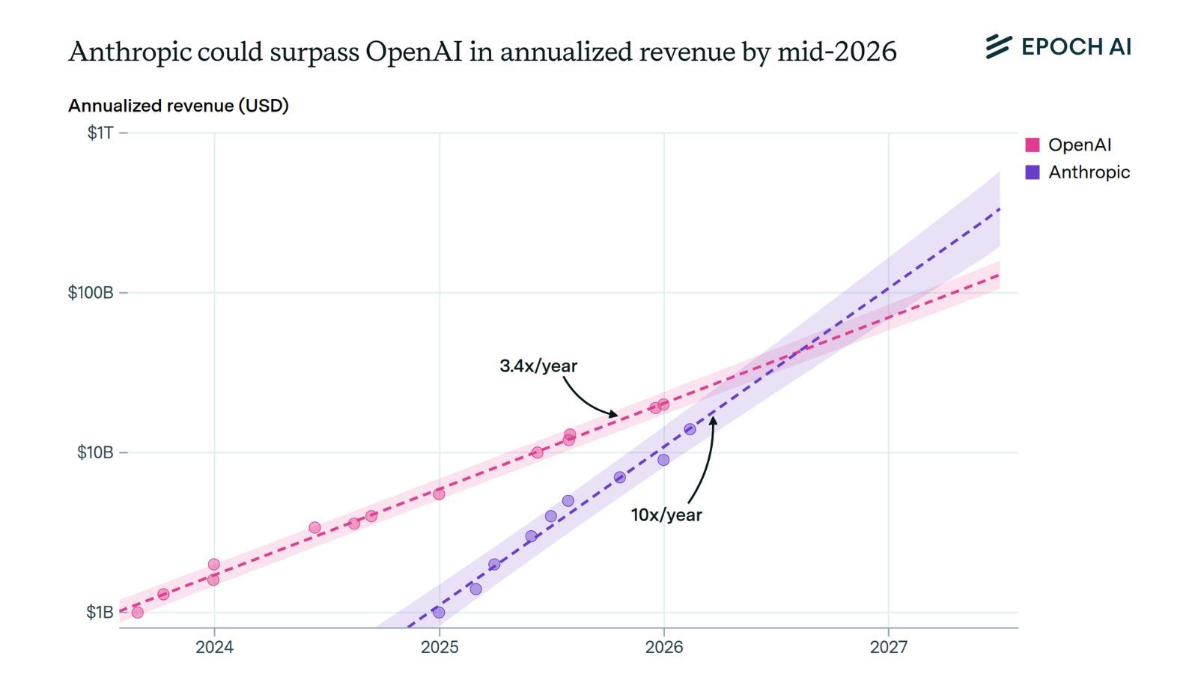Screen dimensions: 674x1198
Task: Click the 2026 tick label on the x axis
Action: tap(664, 647)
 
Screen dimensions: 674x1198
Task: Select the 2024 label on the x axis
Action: tap(214, 647)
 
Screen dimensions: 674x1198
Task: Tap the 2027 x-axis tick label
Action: tap(889, 647)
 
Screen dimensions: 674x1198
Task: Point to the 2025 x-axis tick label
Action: tap(440, 647)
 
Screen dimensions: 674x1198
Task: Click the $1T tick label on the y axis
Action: tap(100, 133)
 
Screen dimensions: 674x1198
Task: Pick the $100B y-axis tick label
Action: tap(91, 293)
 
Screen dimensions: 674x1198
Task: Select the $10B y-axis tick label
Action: tap(95, 452)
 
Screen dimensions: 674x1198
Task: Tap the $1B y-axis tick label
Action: tap(100, 612)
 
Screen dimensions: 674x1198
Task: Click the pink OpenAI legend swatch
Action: tap(1033, 145)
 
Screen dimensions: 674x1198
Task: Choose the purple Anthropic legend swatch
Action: tap(1033, 172)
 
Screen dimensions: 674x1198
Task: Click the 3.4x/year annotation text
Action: tap(538, 366)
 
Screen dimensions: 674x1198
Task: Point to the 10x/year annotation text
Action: tap(666, 515)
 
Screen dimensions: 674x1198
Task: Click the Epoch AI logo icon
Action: tap(998, 46)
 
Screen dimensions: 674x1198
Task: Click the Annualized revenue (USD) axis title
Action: tap(178, 106)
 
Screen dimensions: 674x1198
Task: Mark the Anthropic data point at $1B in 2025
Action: tap(439, 613)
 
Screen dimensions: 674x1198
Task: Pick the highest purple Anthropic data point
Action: tap(690, 429)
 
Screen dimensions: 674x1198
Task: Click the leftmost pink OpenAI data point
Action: tap(137, 613)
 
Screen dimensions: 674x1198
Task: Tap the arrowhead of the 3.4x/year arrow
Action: tap(615, 414)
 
